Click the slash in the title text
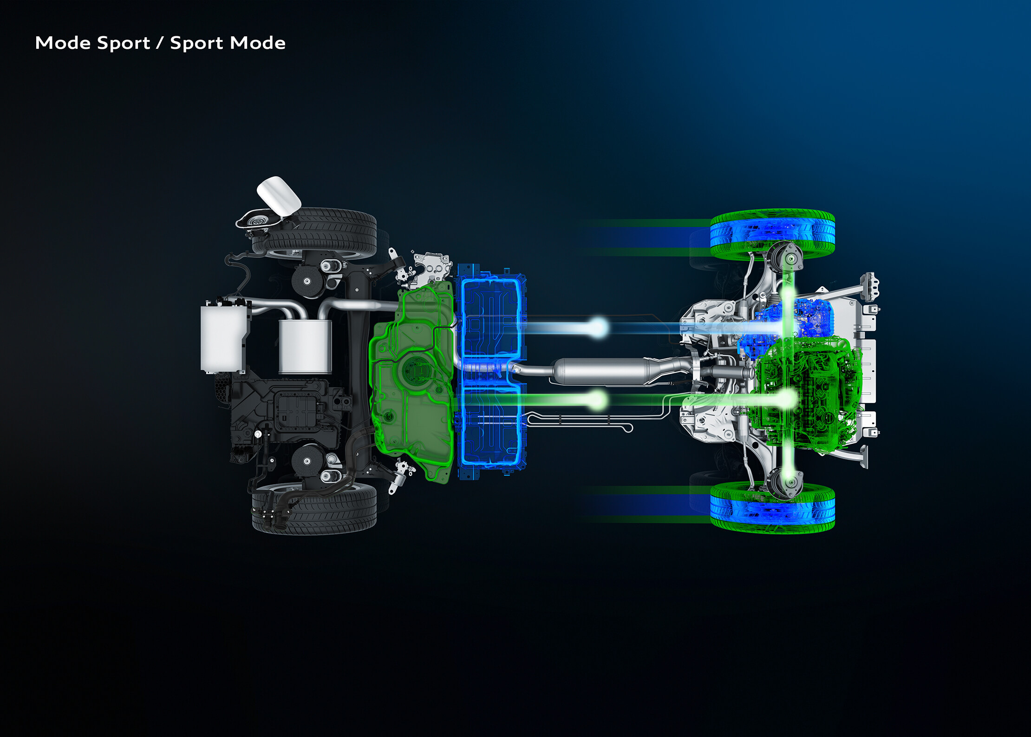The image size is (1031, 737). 160,43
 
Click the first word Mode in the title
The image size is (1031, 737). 63,43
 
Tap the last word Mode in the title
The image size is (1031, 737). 258,43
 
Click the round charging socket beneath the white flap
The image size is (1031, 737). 256,221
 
